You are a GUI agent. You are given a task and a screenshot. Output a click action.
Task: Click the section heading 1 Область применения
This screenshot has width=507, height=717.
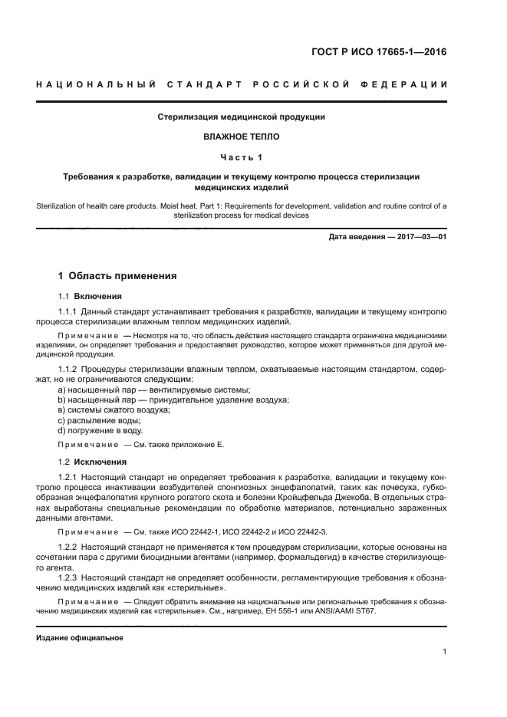118,276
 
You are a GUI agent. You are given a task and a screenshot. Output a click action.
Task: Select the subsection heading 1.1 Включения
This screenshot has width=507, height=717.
90,295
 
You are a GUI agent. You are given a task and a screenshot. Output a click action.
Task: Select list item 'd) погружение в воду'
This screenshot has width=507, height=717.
100,431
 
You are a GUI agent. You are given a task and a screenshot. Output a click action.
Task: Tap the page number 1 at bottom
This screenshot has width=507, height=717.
444,652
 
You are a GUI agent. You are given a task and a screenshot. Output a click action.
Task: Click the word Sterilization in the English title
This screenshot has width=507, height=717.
59,206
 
